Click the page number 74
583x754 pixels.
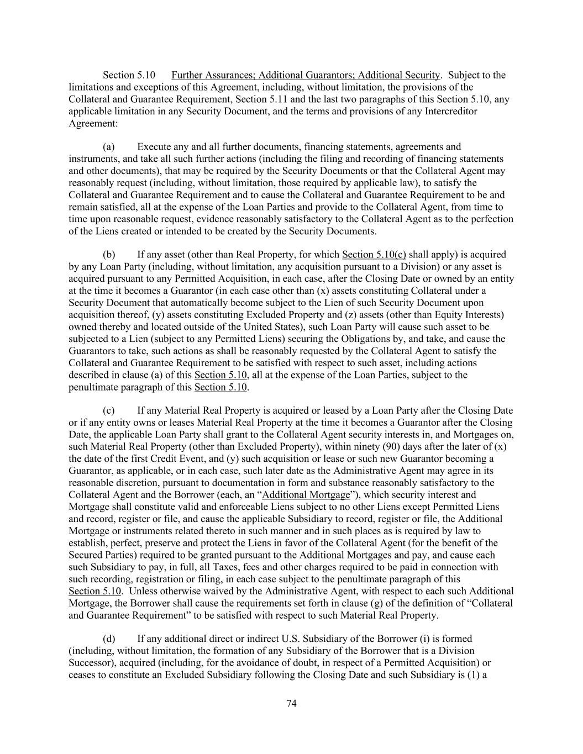[x=292, y=703]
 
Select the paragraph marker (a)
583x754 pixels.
[x=109, y=147]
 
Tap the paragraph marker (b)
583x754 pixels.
[x=109, y=255]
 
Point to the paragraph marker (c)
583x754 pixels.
[x=109, y=410]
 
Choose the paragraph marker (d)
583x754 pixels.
[x=109, y=639]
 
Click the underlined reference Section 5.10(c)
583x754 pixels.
[x=374, y=255]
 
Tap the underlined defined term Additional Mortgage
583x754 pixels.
[x=306, y=495]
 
